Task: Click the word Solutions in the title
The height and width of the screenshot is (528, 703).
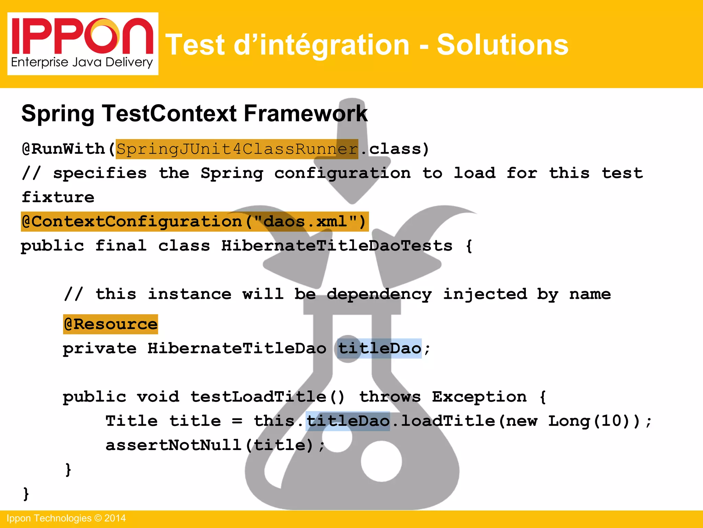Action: point(502,45)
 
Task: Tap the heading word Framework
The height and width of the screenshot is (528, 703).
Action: point(305,113)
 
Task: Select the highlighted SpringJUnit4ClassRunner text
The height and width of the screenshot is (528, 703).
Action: point(237,149)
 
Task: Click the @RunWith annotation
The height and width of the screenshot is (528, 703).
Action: point(64,149)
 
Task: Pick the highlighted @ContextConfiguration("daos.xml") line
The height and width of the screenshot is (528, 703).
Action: point(194,222)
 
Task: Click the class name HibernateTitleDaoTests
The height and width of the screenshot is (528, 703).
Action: point(336,246)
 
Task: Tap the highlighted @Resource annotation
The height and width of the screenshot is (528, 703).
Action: point(111,324)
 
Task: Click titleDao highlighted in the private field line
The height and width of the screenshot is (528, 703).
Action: point(379,349)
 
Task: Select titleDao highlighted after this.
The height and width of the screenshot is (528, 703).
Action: point(348,421)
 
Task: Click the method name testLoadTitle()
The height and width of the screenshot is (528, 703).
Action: point(267,397)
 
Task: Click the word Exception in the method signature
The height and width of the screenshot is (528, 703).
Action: point(479,397)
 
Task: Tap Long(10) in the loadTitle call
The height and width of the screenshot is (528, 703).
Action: point(594,421)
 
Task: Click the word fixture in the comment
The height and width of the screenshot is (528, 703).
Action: point(58,197)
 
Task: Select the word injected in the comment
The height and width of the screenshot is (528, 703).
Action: point(485,294)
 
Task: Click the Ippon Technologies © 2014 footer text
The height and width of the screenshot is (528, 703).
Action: point(66,518)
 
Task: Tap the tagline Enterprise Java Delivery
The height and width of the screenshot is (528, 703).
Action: point(82,63)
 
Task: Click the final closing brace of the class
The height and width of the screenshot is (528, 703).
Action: point(26,494)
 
